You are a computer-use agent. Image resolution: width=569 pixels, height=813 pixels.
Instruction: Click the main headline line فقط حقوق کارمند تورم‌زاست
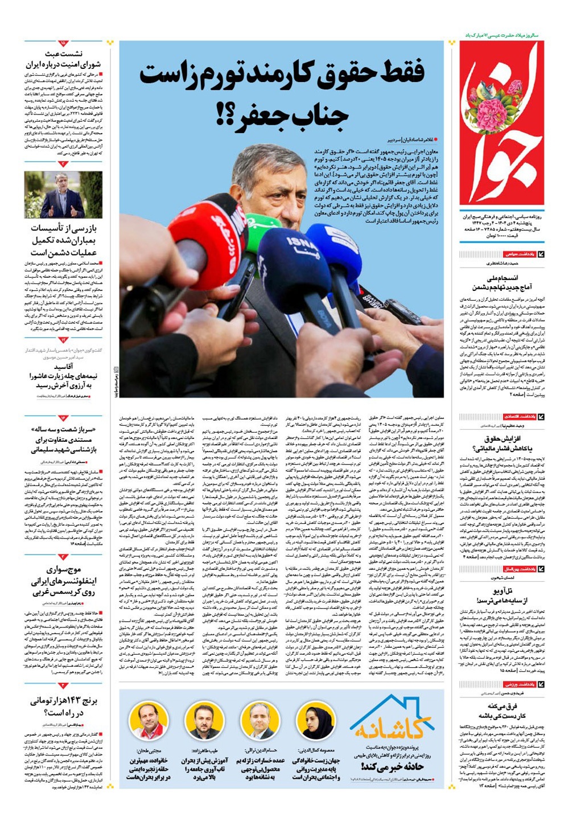(x=282, y=74)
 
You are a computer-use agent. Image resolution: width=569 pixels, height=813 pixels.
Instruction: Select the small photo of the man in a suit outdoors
(x=63, y=195)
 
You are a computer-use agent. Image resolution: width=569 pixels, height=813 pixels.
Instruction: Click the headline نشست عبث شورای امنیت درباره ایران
(x=63, y=60)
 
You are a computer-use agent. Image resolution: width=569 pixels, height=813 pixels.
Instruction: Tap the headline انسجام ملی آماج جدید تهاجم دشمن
(x=501, y=282)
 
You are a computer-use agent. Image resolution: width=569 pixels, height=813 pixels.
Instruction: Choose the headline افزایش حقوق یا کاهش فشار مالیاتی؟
(x=501, y=444)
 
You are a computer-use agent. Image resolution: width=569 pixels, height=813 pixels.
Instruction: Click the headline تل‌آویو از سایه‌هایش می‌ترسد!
(x=501, y=596)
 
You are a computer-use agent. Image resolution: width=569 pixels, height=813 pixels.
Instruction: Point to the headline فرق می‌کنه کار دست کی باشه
(x=501, y=711)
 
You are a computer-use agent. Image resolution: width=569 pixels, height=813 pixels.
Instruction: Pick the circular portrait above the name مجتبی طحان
(x=149, y=721)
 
